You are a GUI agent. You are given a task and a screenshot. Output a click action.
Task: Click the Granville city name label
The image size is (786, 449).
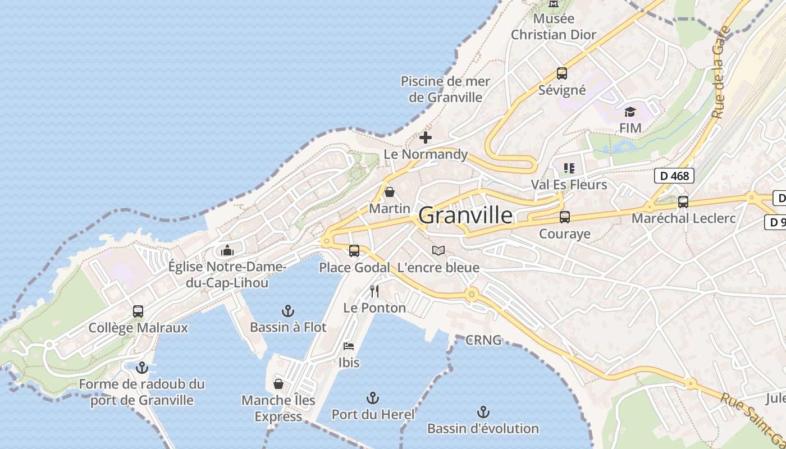pyautogui.click(x=465, y=216)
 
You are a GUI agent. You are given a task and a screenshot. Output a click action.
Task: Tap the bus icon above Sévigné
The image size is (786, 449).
pyautogui.click(x=561, y=74)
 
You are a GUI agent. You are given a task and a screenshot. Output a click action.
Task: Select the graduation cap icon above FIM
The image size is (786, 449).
pyautogui.click(x=630, y=112)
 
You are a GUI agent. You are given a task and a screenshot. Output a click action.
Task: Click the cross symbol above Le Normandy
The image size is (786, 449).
pyautogui.click(x=426, y=137)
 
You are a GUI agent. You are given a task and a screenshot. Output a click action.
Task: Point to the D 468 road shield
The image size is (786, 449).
pyautogui.click(x=674, y=176)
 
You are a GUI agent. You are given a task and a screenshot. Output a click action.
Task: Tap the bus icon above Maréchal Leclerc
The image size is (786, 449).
pyautogui.click(x=683, y=202)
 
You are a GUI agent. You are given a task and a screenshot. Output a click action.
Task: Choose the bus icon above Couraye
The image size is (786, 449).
pyautogui.click(x=565, y=217)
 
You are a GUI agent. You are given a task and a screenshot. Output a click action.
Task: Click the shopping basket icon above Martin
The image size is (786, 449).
pyautogui.click(x=390, y=193)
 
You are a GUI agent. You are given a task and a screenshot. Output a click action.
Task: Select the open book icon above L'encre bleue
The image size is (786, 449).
pyautogui.click(x=438, y=250)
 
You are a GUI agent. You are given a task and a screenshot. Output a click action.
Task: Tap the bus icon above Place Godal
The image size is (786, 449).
pyautogui.click(x=354, y=251)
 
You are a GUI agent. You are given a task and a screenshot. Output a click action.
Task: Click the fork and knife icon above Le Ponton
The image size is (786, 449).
pyautogui.click(x=374, y=291)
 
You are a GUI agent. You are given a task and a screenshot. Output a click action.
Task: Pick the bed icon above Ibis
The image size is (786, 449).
pyautogui.click(x=349, y=346)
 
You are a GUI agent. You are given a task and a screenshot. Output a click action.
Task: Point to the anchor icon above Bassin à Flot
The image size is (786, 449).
pyautogui.click(x=288, y=310)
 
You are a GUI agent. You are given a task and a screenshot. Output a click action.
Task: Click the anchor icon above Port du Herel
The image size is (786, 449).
pyautogui.click(x=373, y=398)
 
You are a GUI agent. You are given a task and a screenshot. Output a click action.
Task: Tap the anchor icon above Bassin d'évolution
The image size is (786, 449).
pyautogui.click(x=483, y=412)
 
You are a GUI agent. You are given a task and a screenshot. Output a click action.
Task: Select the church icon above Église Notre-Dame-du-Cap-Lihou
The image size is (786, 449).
pyautogui.click(x=227, y=250)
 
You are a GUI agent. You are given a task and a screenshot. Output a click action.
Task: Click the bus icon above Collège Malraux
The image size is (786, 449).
pyautogui.click(x=138, y=311)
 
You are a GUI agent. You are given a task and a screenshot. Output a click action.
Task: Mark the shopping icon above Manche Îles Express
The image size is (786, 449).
pyautogui.click(x=278, y=384)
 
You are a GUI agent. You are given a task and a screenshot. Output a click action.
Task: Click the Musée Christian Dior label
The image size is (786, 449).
pyautogui.click(x=554, y=26)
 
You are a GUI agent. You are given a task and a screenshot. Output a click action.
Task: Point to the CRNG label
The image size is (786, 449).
pyautogui.click(x=483, y=340)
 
